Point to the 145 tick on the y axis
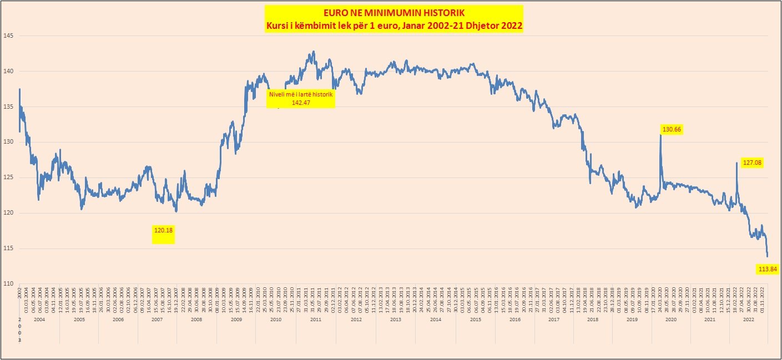pos(8,36)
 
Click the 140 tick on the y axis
pos(8,72)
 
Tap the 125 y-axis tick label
pos(8,178)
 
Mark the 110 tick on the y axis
pos(8,284)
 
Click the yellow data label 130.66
pos(672,129)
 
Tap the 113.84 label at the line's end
pos(768,270)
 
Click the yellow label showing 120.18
pos(163,229)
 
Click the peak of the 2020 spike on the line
pos(660,135)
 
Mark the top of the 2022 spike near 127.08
pos(736,163)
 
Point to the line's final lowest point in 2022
pos(768,256)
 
